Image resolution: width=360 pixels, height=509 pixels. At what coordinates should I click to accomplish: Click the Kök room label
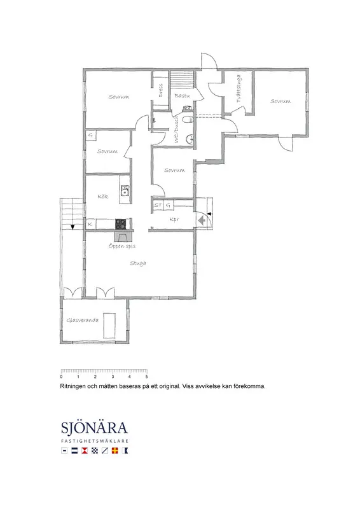[102, 197]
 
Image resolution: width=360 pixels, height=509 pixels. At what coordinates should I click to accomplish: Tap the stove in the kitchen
[120, 223]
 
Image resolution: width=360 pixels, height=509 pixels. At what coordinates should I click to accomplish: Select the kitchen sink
[125, 190]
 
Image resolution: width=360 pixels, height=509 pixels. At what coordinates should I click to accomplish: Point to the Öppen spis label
[122, 245]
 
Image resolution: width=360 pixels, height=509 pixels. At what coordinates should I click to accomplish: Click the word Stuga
[138, 263]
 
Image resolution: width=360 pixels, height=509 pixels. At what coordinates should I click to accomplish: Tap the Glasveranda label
[83, 320]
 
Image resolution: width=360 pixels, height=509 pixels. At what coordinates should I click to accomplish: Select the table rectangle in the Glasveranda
[109, 324]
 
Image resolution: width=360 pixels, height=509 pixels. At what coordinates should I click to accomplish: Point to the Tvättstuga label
[239, 91]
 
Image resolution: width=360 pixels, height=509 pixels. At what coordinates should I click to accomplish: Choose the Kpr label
[174, 220]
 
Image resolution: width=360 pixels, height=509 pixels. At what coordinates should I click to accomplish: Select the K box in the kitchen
[90, 224]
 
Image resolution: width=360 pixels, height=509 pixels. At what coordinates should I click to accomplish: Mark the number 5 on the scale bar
[147, 378]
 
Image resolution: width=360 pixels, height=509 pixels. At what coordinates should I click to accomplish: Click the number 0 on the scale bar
[61, 378]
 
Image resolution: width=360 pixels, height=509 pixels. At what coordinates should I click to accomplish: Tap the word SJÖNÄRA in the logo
[94, 428]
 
